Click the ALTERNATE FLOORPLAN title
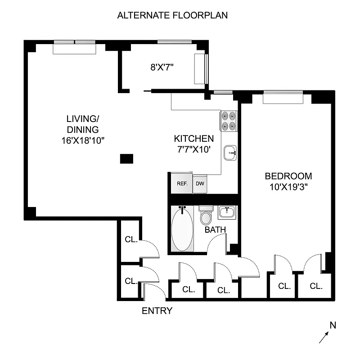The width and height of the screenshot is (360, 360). [172, 15]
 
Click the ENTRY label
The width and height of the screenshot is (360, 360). [157, 311]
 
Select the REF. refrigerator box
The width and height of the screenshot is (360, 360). [181, 184]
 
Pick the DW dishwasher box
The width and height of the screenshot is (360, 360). [199, 184]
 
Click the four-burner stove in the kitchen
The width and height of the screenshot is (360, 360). [229, 120]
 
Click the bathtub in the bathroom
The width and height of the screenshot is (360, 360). [182, 229]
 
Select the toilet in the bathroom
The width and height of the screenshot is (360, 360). [206, 216]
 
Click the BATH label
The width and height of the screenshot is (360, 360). [215, 230]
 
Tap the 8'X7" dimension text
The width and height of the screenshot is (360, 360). [162, 67]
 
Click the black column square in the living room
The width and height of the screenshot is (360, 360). [126, 158]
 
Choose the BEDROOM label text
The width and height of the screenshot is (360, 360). [288, 176]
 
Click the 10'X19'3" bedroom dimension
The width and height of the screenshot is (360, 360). [288, 187]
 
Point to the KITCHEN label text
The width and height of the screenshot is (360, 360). [194, 139]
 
